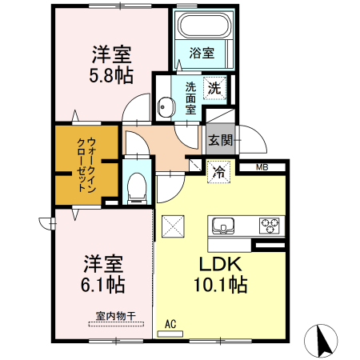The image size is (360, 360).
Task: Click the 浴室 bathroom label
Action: pyautogui.click(x=202, y=54)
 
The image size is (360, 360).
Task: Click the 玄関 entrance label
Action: pyautogui.click(x=221, y=140)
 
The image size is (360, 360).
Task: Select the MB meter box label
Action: pyautogui.click(x=262, y=167)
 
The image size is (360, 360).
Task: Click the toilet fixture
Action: pyautogui.click(x=136, y=188)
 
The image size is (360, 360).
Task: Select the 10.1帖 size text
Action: pyautogui.click(x=217, y=285)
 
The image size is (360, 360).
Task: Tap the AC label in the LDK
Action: pyautogui.click(x=170, y=323)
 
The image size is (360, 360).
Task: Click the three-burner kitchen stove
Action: pyautogui.click(x=270, y=225)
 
